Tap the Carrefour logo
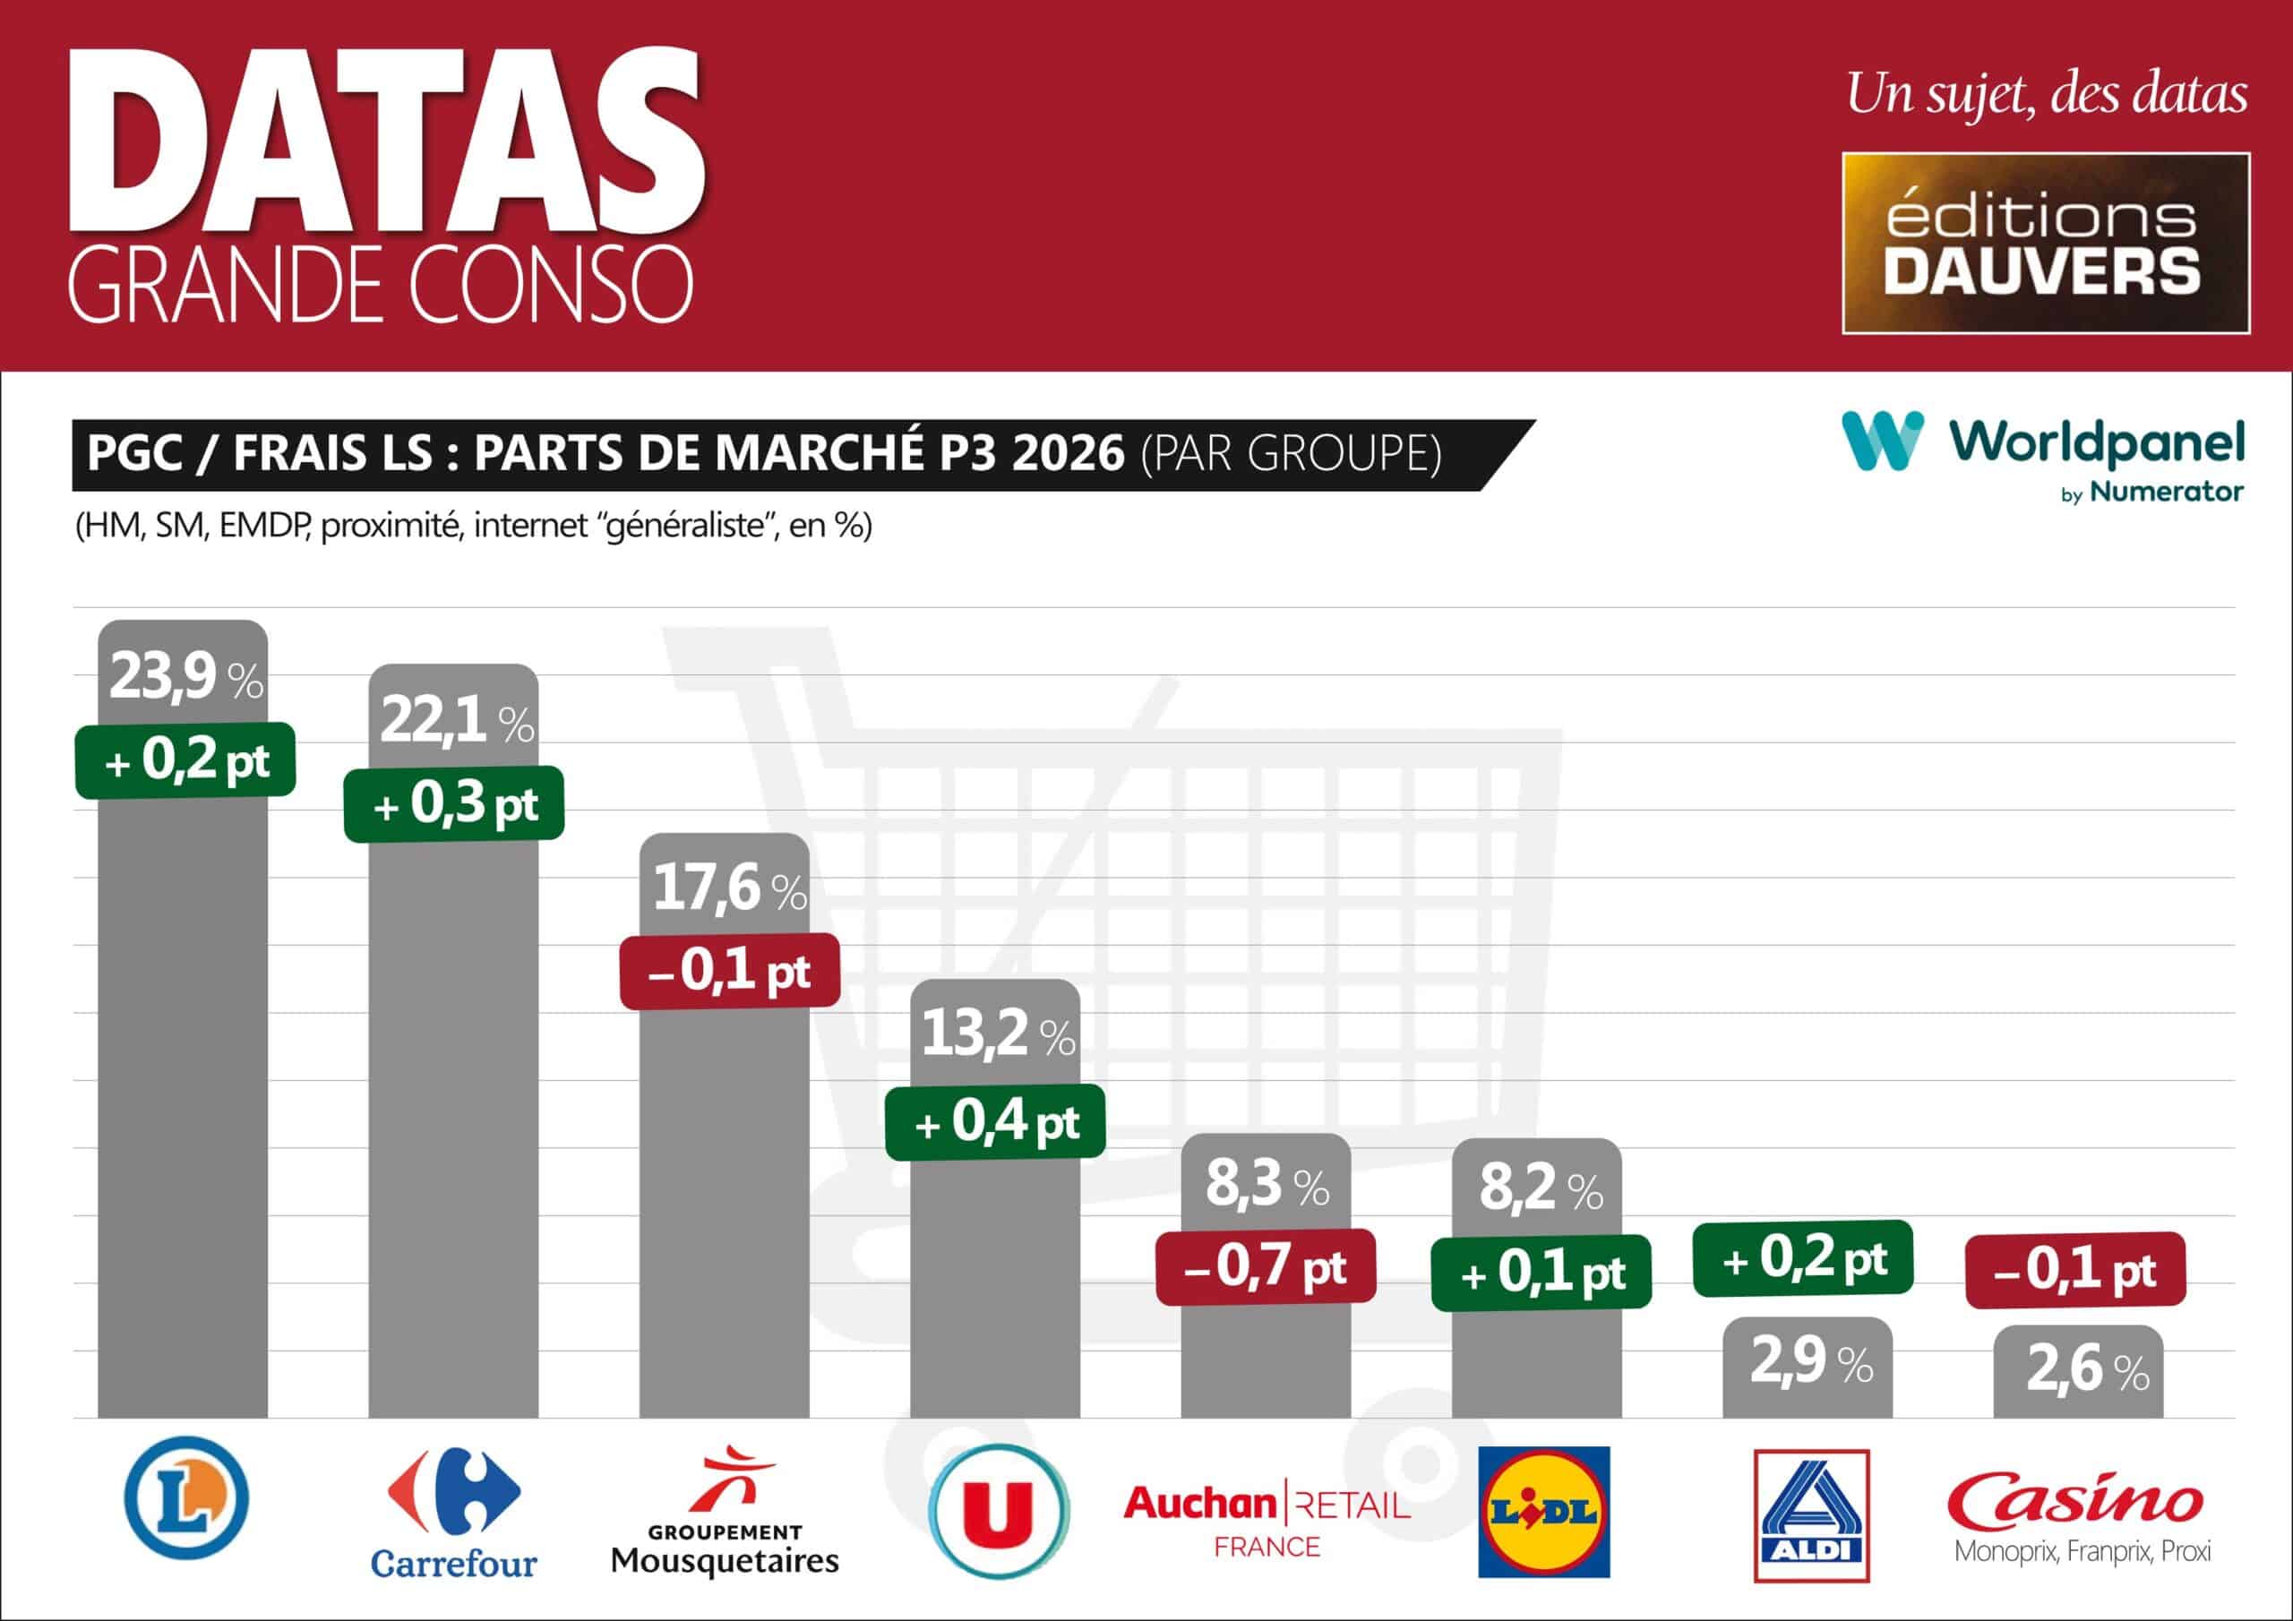[x=453, y=1510]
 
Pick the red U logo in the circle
[x=998, y=1511]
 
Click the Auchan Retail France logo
[x=1267, y=1519]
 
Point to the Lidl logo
[x=1543, y=1511]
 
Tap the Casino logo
[x=2082, y=1514]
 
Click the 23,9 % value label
[x=185, y=678]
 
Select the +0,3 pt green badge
[x=454, y=804]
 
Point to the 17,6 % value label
[x=729, y=888]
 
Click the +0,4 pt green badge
[x=996, y=1121]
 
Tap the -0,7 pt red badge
[x=1266, y=1267]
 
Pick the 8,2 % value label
[x=1540, y=1188]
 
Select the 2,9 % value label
[x=1810, y=1360]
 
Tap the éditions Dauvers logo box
[x=2045, y=243]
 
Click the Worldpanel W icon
[x=1882, y=441]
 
